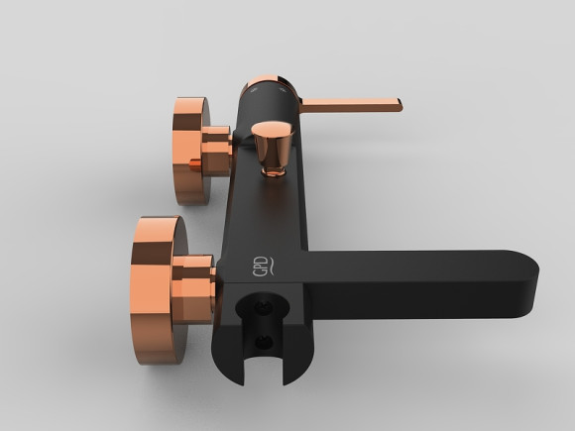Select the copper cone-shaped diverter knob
(x=273, y=144)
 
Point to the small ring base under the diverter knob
(x=274, y=170)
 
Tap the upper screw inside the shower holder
(x=264, y=307)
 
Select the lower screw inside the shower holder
(x=264, y=343)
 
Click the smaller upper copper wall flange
(x=190, y=151)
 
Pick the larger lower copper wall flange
(x=158, y=289)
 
